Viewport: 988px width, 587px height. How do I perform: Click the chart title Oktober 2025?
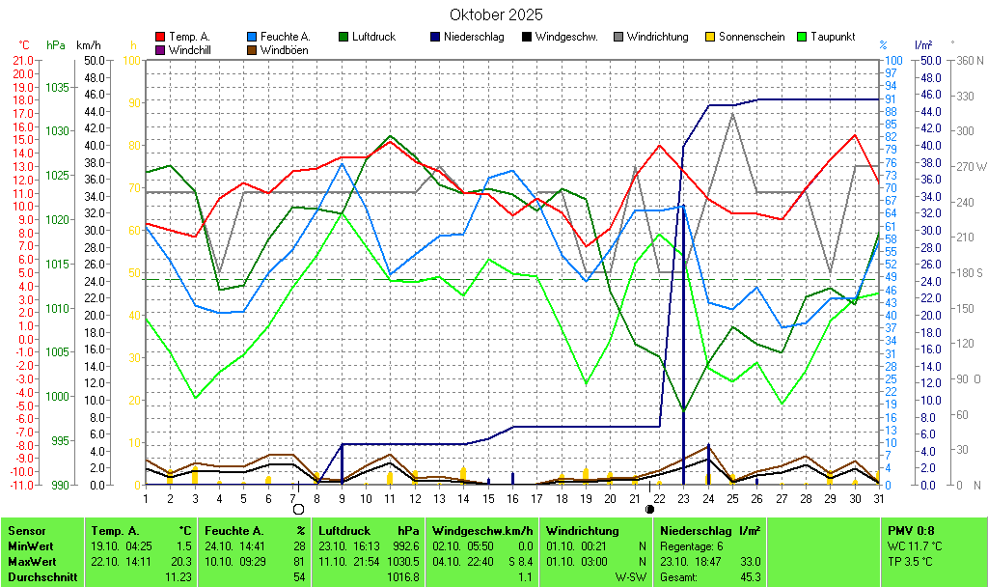point(496,14)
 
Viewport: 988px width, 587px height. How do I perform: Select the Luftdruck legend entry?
point(373,37)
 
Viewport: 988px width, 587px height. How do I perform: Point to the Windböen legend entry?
point(284,49)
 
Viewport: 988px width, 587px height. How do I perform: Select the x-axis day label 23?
point(683,498)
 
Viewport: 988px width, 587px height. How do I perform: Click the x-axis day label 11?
point(389,498)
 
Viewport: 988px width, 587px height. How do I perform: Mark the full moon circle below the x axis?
point(298,509)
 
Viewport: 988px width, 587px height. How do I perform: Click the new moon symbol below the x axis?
point(649,509)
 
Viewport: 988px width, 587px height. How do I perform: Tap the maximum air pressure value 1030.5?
point(405,561)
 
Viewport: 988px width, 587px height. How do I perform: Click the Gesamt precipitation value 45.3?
point(750,576)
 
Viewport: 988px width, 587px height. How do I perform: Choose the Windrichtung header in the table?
point(583,531)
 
